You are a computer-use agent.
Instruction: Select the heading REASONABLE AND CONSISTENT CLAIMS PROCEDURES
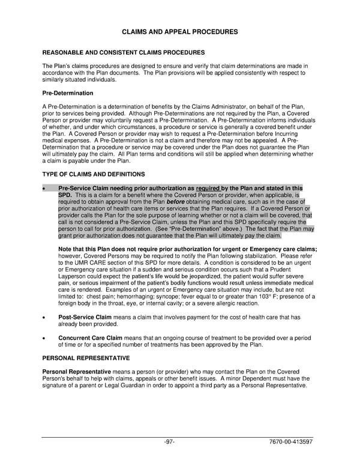pyautogui.click(x=123, y=52)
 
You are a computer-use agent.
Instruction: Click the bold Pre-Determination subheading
pyautogui.click(x=67, y=94)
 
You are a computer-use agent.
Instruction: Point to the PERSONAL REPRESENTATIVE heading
pyautogui.click(x=86, y=358)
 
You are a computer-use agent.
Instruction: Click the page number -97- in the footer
pyautogui.click(x=169, y=442)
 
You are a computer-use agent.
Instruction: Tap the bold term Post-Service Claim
pyautogui.click(x=85, y=316)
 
